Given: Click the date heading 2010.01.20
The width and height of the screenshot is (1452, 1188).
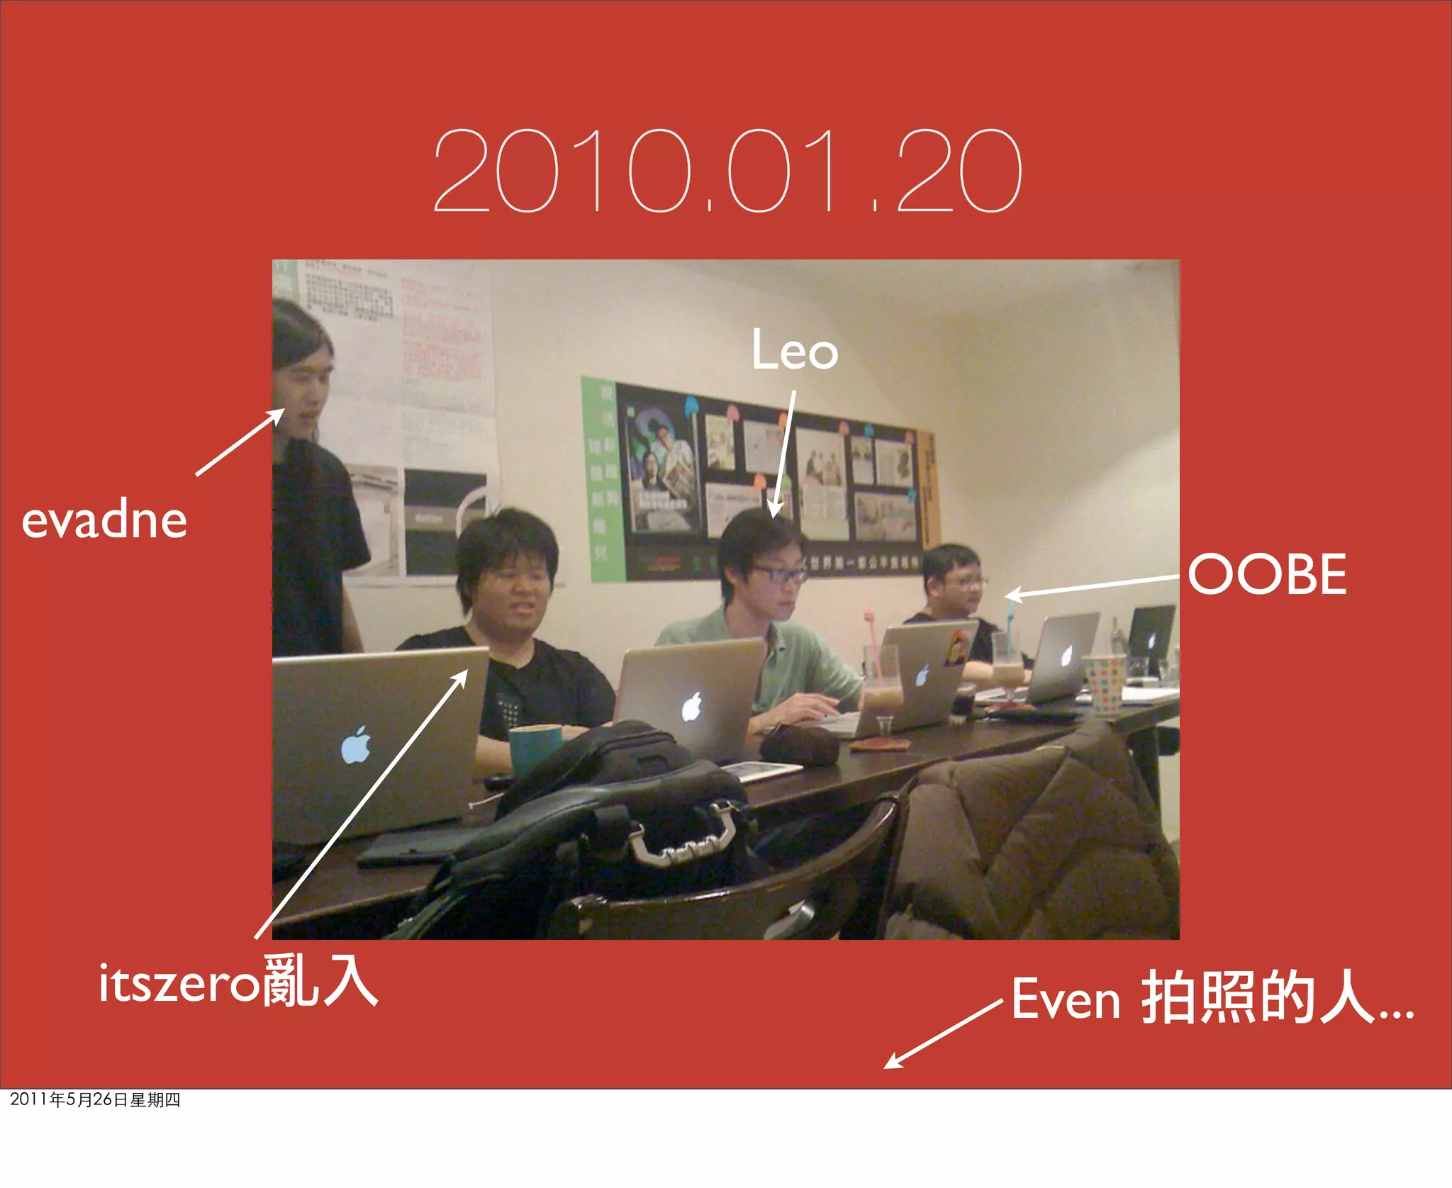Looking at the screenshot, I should click(727, 172).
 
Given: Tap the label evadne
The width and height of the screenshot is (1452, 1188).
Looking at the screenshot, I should click(104, 521).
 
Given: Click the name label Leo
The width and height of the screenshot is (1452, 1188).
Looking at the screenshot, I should click(794, 350).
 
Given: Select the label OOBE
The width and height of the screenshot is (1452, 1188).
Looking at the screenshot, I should click(1267, 574).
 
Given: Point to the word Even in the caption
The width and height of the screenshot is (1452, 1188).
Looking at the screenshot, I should click(1065, 999).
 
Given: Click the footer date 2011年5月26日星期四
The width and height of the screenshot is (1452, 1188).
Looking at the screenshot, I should click(95, 1099).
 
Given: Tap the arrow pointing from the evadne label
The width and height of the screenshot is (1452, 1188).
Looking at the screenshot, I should click(240, 442).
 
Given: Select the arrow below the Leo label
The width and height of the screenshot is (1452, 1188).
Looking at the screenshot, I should click(784, 454).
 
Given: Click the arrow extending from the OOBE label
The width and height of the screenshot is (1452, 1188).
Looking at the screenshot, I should click(1092, 587).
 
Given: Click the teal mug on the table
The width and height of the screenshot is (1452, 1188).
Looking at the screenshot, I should click(533, 748).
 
